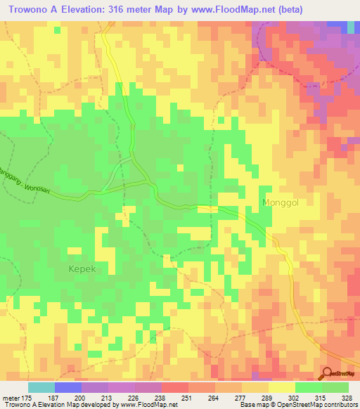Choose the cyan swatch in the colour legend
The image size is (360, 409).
(x=41, y=387)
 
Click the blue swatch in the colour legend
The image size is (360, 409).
(x=68, y=387)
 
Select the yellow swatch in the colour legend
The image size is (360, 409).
(x=281, y=387)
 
